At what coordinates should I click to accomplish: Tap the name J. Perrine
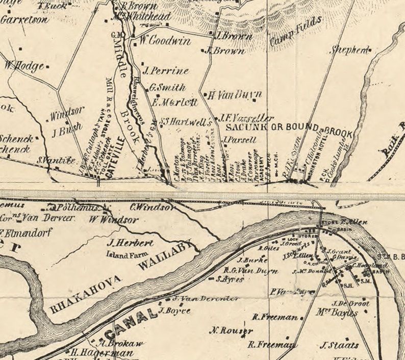pos(166,71)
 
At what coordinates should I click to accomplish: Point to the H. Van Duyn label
pos(235,95)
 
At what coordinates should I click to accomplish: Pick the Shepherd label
pos(349,50)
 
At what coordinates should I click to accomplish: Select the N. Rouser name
pos(231,330)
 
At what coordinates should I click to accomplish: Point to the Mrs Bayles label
pos(338,313)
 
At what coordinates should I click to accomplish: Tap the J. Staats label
pos(339,345)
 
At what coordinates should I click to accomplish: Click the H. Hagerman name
pos(102,352)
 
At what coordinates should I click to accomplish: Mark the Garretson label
pos(24,20)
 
